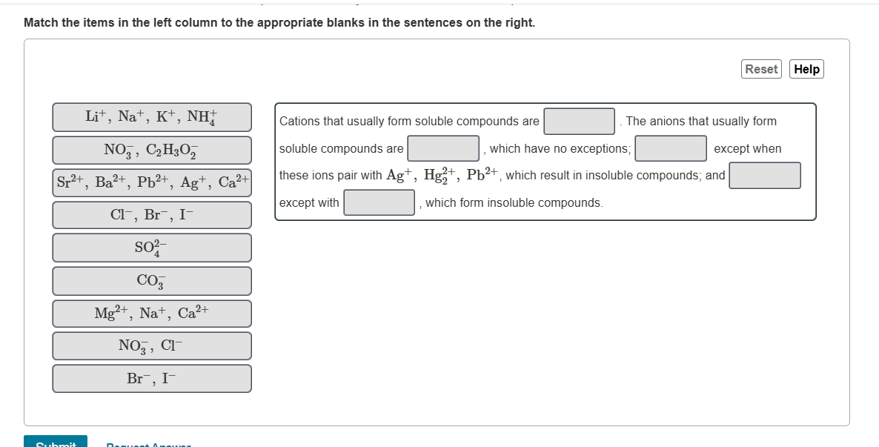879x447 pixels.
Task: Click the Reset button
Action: (x=761, y=69)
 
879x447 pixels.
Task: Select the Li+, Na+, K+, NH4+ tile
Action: (x=152, y=117)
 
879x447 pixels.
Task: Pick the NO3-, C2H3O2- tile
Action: (x=152, y=150)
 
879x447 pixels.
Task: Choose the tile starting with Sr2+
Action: (x=152, y=182)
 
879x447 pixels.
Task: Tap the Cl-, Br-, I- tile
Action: (x=152, y=215)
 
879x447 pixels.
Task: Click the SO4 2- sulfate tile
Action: (x=152, y=248)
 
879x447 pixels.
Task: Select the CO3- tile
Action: (x=152, y=281)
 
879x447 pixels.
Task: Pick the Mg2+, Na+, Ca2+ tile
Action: (x=152, y=314)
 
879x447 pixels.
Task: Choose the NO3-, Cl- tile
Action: (x=152, y=345)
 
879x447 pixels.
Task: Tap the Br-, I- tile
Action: (x=152, y=378)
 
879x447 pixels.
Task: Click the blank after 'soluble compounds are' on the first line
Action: (x=579, y=122)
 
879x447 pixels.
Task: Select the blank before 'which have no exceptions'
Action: (x=443, y=148)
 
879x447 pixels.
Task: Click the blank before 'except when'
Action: (x=671, y=148)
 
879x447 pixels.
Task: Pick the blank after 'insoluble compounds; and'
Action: (x=765, y=176)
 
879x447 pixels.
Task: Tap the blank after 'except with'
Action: (x=379, y=202)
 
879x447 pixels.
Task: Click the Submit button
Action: (x=56, y=443)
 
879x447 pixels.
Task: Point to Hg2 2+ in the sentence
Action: (x=440, y=176)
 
